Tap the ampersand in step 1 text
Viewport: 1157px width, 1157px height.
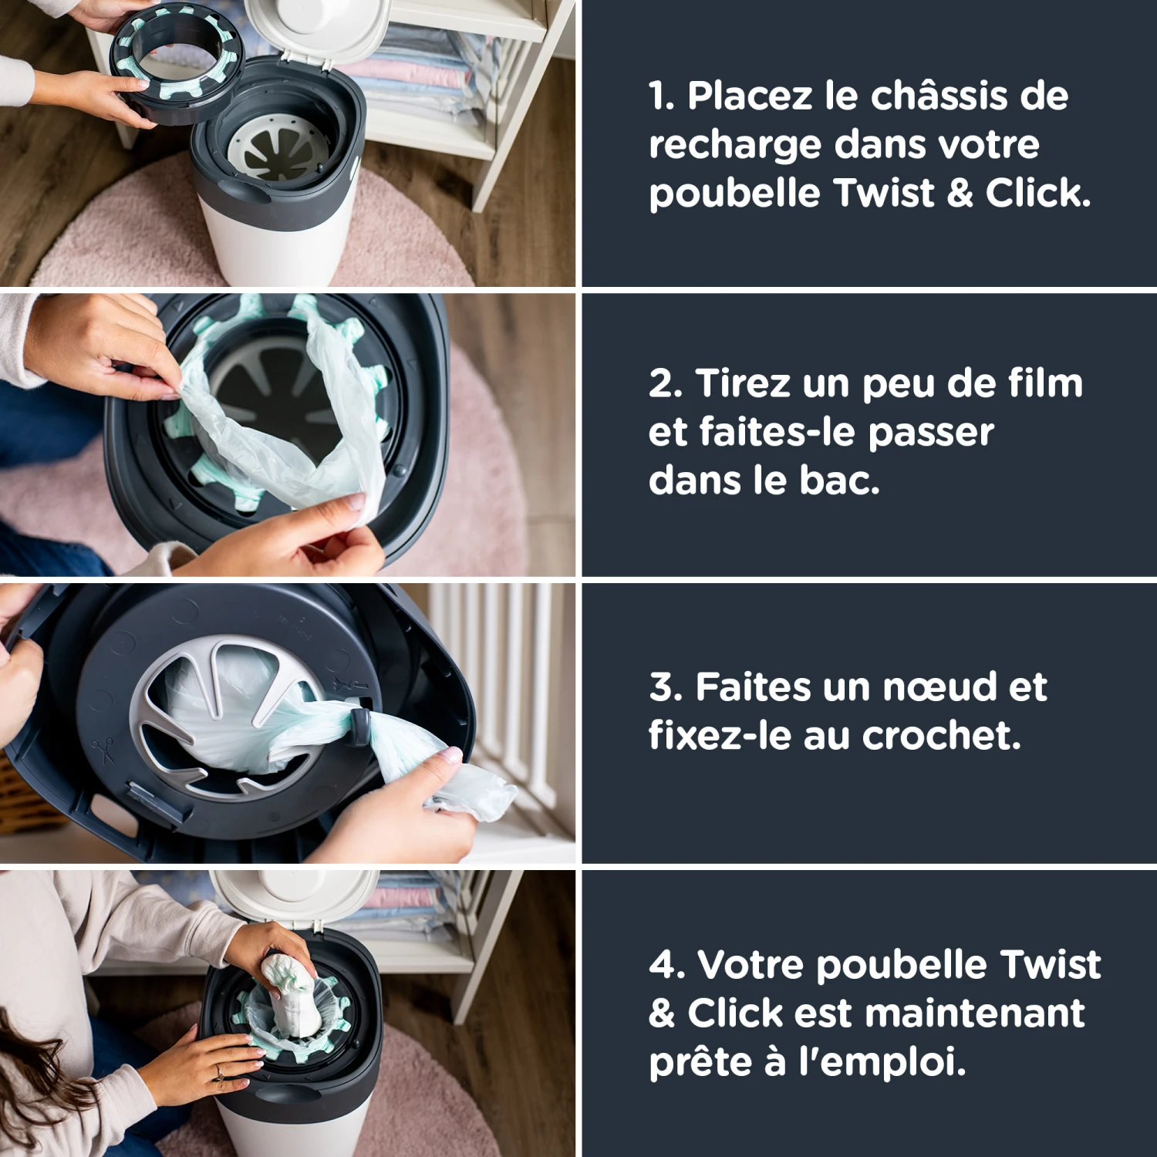(x=959, y=193)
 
